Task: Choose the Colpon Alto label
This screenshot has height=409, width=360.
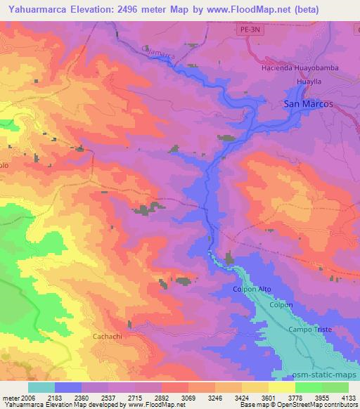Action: [x=251, y=289]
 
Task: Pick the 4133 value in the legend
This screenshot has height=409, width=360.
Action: [x=348, y=398]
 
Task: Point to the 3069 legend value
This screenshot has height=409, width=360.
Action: [x=187, y=398]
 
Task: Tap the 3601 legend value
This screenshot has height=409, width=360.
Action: [x=267, y=398]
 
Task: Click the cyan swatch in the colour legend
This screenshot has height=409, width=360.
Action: [x=41, y=387]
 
